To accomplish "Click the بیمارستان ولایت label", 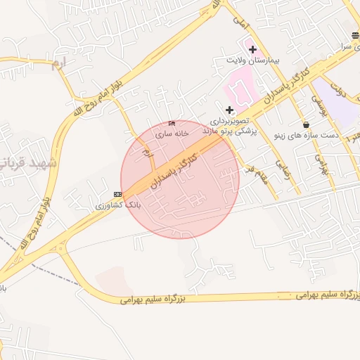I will pyautogui.click(x=252, y=60).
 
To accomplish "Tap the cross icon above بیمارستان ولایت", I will pyautogui.click(x=252, y=49).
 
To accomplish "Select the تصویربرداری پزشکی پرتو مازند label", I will pyautogui.click(x=231, y=127).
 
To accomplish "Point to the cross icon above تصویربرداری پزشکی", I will pyautogui.click(x=229, y=110).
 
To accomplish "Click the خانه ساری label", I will pyautogui.click(x=173, y=133).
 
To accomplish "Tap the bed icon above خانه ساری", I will pyautogui.click(x=173, y=123).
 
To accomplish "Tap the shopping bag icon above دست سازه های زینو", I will pyautogui.click(x=305, y=124).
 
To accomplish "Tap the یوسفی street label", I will pyautogui.click(x=317, y=105).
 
